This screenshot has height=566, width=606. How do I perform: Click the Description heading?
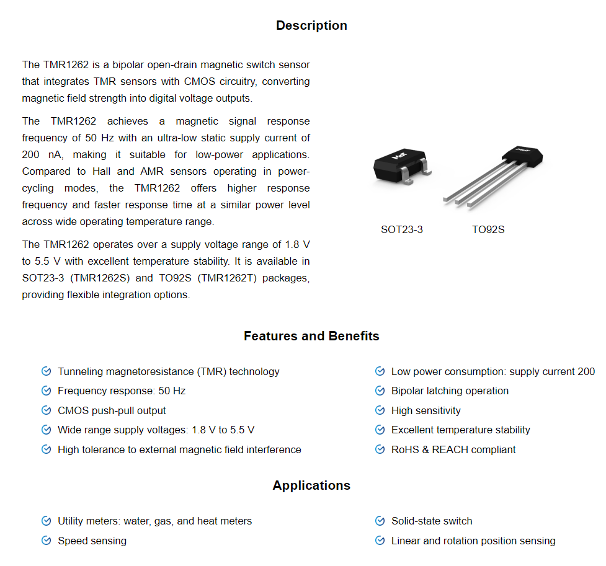coord(311,25)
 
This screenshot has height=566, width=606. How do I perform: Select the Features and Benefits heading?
coord(311,336)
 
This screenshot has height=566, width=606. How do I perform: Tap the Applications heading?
coord(311,485)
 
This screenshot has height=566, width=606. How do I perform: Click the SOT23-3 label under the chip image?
coord(402,229)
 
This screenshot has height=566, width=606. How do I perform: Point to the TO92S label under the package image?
coord(488,229)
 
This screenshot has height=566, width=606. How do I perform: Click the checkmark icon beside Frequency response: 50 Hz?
coord(46,391)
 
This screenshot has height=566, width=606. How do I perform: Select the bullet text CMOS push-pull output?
coord(112,410)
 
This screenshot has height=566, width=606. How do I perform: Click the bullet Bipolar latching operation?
coord(450,391)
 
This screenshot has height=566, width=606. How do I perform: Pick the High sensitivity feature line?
coord(426,410)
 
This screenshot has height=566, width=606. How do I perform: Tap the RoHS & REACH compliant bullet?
coord(453,449)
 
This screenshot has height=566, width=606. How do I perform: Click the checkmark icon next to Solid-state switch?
coord(380,521)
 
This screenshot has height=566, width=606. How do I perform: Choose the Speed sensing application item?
coord(92,541)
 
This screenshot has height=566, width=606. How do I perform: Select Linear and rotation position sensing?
coord(473,541)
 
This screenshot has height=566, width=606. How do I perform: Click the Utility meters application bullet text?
coord(154,521)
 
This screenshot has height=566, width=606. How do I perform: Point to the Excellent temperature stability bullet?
coord(460,430)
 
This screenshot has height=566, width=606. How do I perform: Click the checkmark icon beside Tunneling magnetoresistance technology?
coord(46,371)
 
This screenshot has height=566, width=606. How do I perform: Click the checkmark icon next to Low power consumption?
coord(380,371)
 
